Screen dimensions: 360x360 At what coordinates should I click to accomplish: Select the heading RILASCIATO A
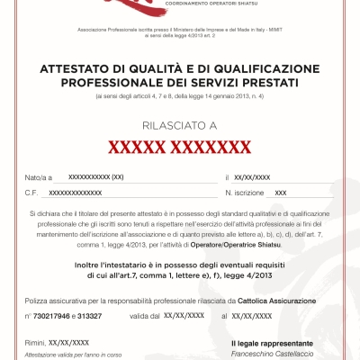[x=180, y=127]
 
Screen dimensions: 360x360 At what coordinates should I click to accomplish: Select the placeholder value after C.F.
[x=76, y=193]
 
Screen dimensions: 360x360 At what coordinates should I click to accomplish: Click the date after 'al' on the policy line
[x=252, y=317]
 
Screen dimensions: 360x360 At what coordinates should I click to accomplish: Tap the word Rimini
[x=34, y=343]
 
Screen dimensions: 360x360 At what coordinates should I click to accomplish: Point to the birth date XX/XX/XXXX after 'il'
[x=251, y=178]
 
